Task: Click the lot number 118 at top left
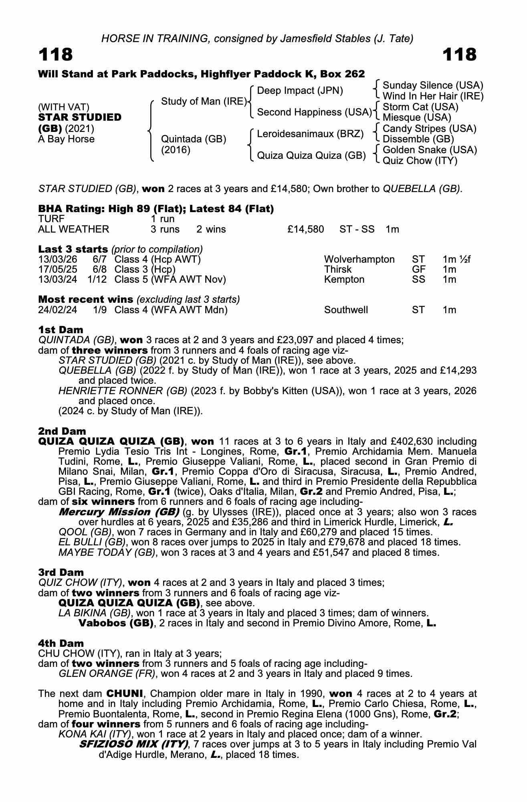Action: [x=56, y=55]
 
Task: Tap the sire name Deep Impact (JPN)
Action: [x=300, y=91]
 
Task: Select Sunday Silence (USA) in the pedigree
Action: [x=433, y=85]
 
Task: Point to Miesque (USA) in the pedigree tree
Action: [x=417, y=117]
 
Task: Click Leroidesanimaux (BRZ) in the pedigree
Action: [x=310, y=134]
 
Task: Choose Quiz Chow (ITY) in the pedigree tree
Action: [x=420, y=161]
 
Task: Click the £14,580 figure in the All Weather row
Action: [x=305, y=229]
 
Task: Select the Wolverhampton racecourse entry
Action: [x=359, y=259]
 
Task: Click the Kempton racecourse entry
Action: [x=344, y=279]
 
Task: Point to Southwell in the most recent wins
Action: [x=346, y=310]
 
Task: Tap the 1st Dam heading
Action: [x=61, y=330]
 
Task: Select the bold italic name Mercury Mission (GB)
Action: [x=119, y=512]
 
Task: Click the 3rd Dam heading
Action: [x=61, y=572]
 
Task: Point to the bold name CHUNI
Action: [x=123, y=694]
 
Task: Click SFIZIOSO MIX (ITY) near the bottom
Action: [x=134, y=744]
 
